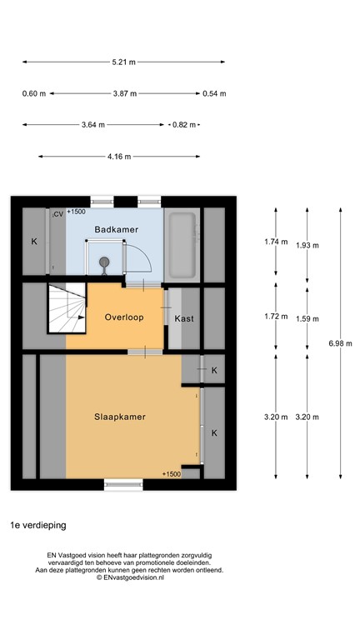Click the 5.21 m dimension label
tap(123, 62)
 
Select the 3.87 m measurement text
tap(123, 93)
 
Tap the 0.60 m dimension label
tap(33, 93)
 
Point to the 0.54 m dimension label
tap(214, 93)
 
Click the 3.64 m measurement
tap(93, 125)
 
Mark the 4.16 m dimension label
tap(119, 156)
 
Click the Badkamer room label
tap(116, 229)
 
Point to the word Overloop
tap(123, 317)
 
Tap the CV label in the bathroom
tap(57, 214)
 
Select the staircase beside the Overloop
tap(67, 307)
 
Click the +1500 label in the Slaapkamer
tap(172, 473)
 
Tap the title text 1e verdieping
tap(38, 526)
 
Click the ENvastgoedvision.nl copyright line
tap(129, 577)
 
